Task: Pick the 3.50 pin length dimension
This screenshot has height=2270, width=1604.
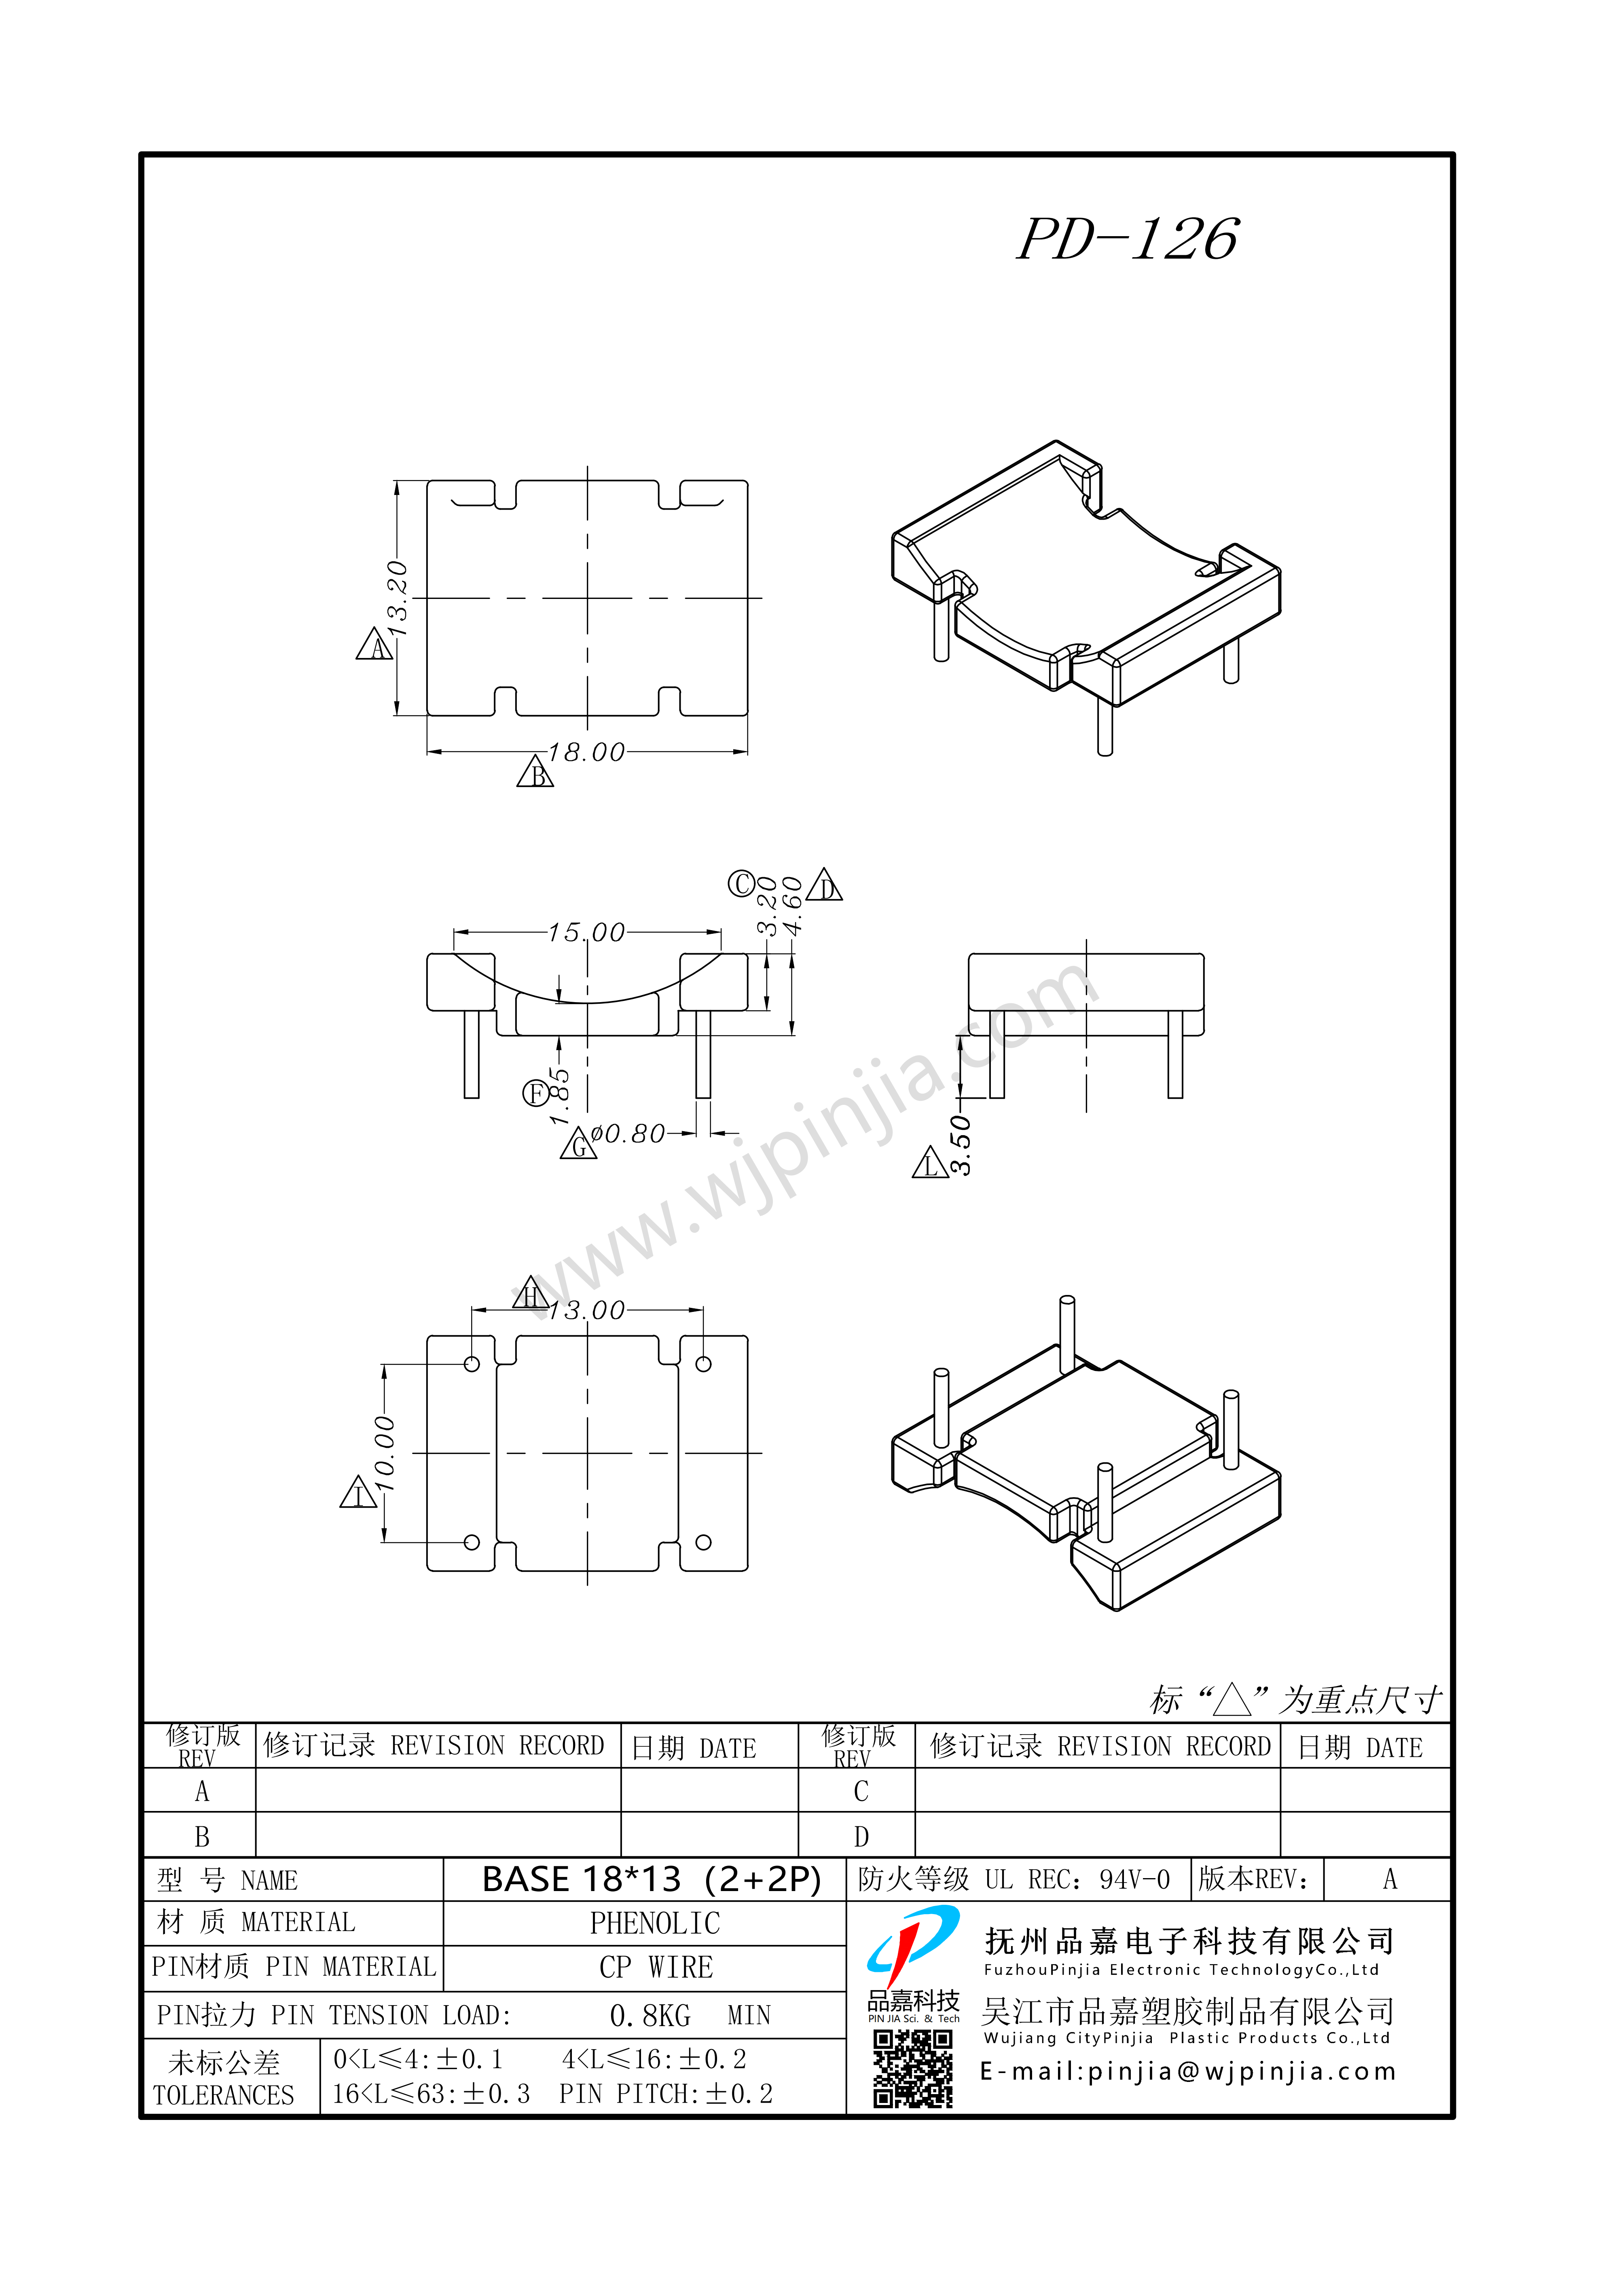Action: (960, 1145)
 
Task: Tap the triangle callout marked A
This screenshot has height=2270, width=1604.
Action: (374, 645)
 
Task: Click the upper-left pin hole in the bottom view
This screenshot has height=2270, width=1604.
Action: (472, 1365)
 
